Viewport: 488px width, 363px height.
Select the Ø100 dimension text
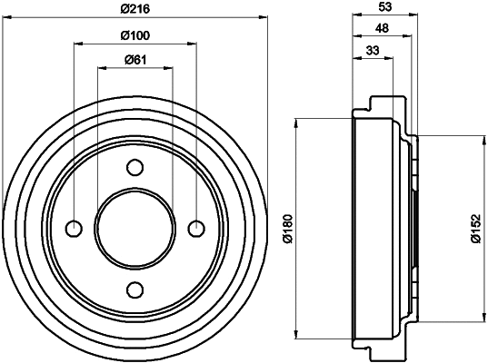click(x=135, y=35)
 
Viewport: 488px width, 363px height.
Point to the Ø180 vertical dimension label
click(x=287, y=227)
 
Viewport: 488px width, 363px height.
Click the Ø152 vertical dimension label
click(x=474, y=227)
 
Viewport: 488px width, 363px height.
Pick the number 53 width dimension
click(x=384, y=7)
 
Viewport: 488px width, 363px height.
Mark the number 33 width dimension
click(x=373, y=50)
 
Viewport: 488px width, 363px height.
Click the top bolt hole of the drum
click(x=135, y=167)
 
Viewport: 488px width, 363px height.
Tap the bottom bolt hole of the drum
click(x=135, y=289)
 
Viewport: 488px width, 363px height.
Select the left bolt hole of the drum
click(x=75, y=228)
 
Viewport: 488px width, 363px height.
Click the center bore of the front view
click(x=135, y=228)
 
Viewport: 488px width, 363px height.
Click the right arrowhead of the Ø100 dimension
click(x=193, y=44)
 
